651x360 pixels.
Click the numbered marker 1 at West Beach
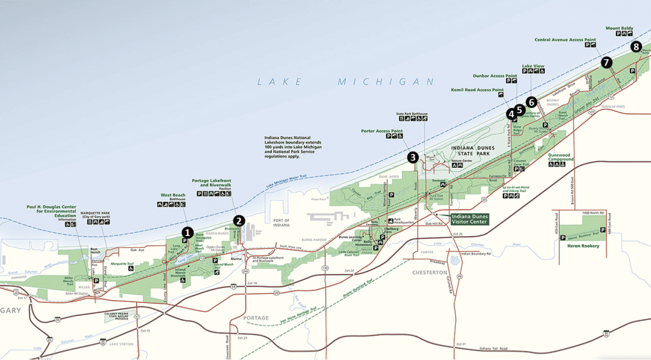pos(188,233)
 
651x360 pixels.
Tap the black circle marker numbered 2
pos(239,221)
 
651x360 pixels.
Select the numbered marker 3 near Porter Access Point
pos(413,158)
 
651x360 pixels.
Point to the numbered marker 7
pos(606,62)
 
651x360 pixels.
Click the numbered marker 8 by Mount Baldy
pos(636,46)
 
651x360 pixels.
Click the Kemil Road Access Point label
pos(476,90)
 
